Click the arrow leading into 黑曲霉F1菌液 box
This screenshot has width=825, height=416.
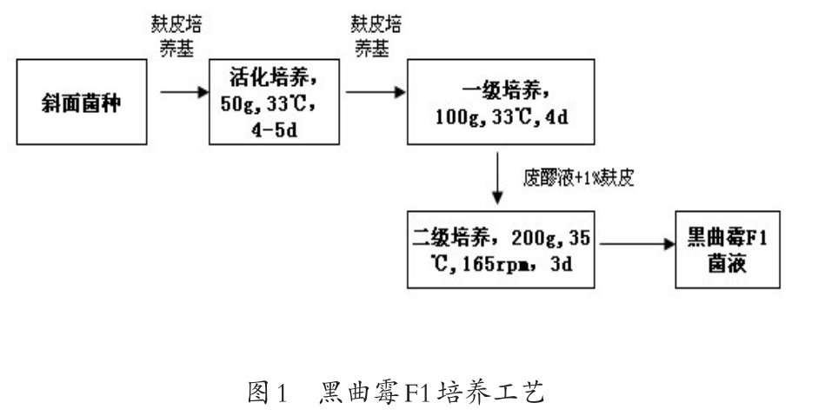pyautogui.click(x=635, y=246)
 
